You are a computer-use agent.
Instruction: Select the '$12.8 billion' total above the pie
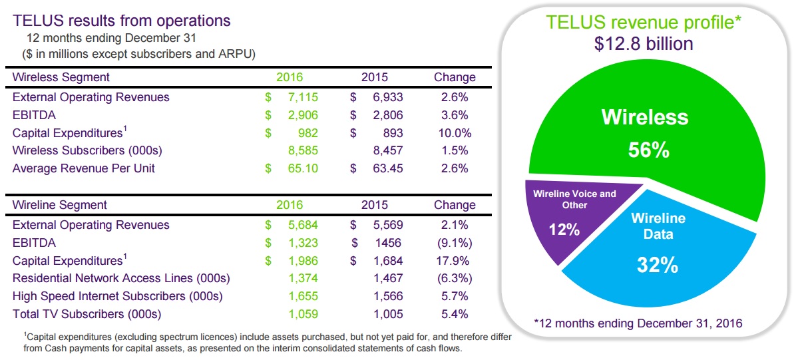(x=644, y=44)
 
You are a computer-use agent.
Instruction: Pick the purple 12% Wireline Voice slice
(x=566, y=220)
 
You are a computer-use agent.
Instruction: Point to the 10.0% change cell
(x=455, y=133)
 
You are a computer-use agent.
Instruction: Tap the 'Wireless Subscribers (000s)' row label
(x=87, y=150)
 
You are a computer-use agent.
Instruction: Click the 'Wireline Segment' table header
(x=60, y=205)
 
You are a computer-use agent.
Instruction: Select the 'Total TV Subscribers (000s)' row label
(x=87, y=314)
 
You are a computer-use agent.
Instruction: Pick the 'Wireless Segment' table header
(x=61, y=77)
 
